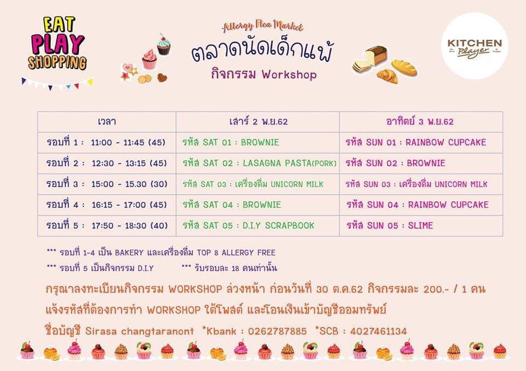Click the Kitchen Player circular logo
[x=474, y=47]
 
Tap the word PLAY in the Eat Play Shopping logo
[x=58, y=44]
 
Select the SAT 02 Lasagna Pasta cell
[x=258, y=163]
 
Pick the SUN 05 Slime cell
[x=421, y=225]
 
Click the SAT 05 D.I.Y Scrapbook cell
[x=258, y=225]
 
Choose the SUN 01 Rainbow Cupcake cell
[x=421, y=142]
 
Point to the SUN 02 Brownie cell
[x=421, y=163]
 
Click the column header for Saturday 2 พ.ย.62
[x=258, y=121]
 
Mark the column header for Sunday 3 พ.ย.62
[x=421, y=121]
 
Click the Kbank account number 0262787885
[x=277, y=332]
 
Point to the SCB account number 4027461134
[x=379, y=332]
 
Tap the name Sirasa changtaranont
[x=140, y=332]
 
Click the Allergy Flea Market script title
[x=262, y=26]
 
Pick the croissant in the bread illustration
[x=387, y=76]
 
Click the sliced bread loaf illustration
[x=370, y=59]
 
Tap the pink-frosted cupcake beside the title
[x=149, y=59]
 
